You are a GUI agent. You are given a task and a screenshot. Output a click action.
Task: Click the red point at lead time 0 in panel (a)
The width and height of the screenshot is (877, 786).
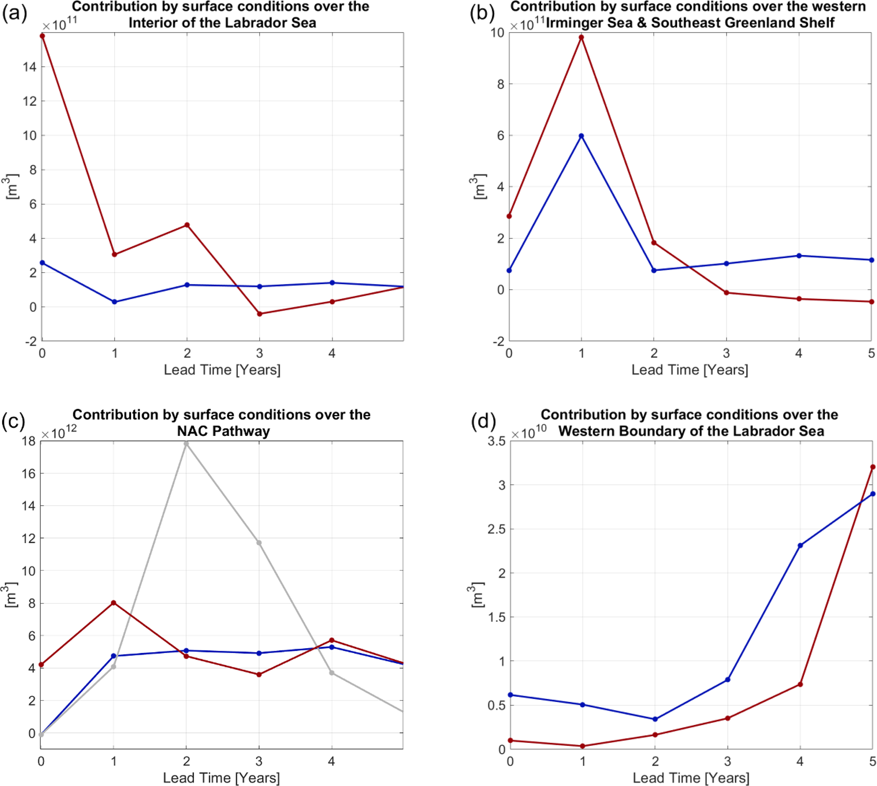[x=42, y=36]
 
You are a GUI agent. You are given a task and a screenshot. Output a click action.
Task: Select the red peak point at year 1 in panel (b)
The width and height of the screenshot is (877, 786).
[x=581, y=37]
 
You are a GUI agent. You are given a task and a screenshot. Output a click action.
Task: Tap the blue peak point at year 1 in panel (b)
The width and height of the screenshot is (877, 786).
[x=581, y=136]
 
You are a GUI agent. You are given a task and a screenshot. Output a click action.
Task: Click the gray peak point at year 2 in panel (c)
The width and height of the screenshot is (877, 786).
[x=186, y=443]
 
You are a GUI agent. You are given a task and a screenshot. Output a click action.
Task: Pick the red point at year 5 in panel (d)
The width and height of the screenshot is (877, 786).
[x=873, y=467]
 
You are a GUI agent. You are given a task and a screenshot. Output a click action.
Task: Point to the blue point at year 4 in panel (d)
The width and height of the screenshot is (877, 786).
[x=800, y=546]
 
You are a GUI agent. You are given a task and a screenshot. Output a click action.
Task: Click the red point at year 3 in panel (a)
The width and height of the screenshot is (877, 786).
[x=259, y=314]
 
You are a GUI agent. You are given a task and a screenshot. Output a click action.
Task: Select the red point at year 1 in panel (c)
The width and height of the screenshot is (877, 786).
[x=114, y=602]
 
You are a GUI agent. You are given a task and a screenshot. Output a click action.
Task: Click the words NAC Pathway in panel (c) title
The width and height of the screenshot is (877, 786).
[x=224, y=431]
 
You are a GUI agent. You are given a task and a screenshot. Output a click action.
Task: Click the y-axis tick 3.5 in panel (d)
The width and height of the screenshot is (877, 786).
[x=496, y=441]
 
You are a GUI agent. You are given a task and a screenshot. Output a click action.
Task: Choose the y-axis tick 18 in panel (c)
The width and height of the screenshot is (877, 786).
[x=29, y=441]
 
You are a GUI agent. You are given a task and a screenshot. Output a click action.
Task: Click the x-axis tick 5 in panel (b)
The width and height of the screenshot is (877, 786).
[x=871, y=353]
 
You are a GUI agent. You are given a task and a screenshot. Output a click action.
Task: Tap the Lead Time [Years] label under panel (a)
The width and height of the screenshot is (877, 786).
[x=222, y=370]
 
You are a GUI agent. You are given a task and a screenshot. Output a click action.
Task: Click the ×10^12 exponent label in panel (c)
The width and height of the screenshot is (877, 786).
[x=59, y=432]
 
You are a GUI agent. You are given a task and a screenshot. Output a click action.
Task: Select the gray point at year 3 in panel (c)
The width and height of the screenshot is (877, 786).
[x=259, y=542]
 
